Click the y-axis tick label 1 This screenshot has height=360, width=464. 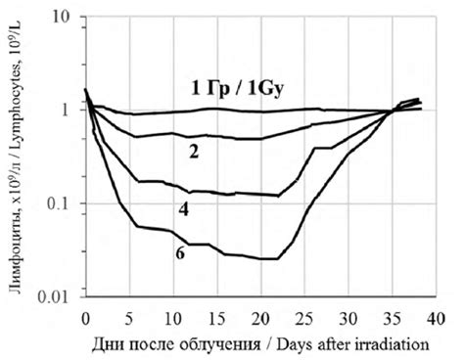coord(68,110)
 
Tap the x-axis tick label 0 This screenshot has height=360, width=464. coord(85,317)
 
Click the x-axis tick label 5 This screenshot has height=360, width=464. coord(129,317)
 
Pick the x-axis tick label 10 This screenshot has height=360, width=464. coord(172,317)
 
